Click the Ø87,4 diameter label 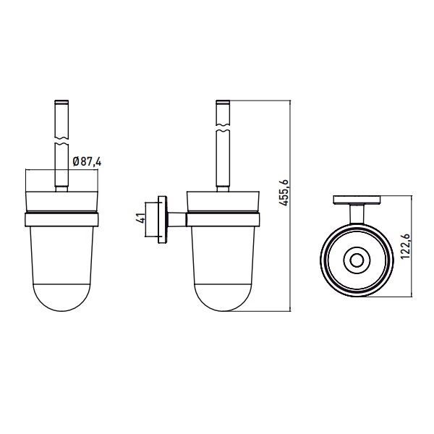pyautogui.click(x=87, y=161)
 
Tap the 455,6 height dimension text pyautogui.click(x=284, y=192)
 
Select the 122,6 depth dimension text pyautogui.click(x=405, y=246)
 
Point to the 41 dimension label pyautogui.click(x=141, y=218)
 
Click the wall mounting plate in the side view pyautogui.click(x=163, y=220)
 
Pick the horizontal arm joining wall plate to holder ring pyautogui.click(x=177, y=219)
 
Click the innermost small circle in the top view pyautogui.click(x=357, y=260)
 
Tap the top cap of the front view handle pyautogui.click(x=61, y=101)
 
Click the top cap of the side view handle pyautogui.click(x=223, y=101)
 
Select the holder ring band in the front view pyautogui.click(x=61, y=219)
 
